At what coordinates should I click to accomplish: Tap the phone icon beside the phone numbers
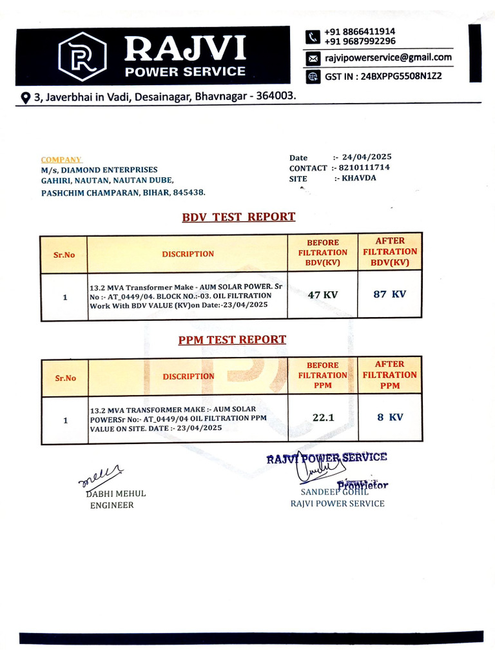point(313,36)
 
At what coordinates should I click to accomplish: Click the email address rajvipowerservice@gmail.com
point(388,57)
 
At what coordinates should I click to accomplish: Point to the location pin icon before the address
point(26,97)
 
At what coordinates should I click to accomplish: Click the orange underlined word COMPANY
point(61,160)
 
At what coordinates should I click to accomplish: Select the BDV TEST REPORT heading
point(238,217)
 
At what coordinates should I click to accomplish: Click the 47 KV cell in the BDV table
point(322,295)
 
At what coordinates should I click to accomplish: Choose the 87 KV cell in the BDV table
point(390,294)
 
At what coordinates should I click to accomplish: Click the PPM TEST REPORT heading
point(232,340)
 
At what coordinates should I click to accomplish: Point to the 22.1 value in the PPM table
point(323,418)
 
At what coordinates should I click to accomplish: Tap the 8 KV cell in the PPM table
point(390,417)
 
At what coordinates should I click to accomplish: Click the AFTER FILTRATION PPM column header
point(389,374)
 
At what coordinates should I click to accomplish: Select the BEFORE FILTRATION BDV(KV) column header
point(322,253)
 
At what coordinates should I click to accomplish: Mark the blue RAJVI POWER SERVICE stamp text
point(327,458)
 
